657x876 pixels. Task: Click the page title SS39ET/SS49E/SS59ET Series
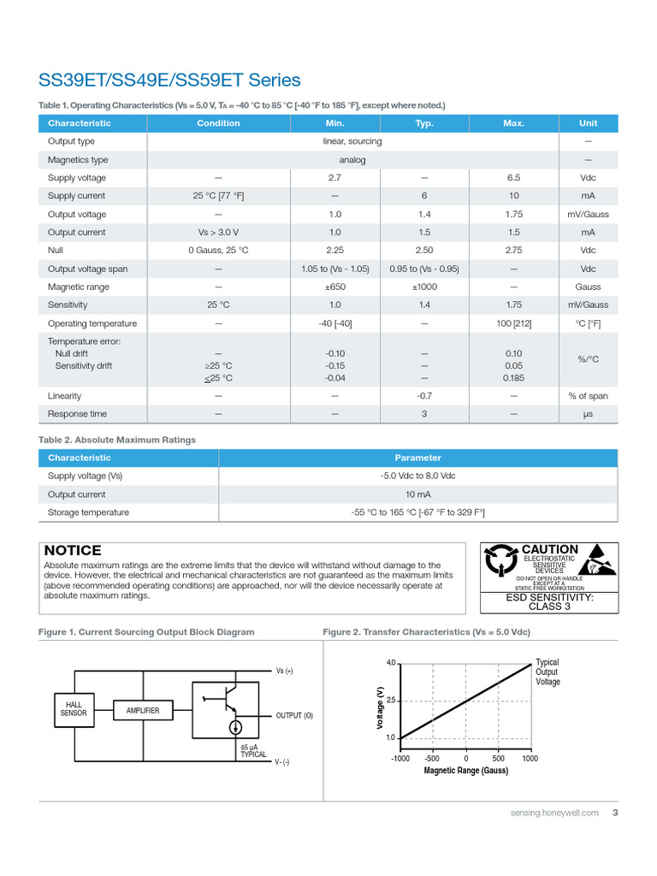click(x=169, y=80)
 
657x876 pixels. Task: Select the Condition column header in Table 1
click(x=218, y=123)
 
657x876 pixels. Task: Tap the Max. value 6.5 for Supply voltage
click(x=513, y=178)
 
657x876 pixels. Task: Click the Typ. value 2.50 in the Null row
click(x=424, y=251)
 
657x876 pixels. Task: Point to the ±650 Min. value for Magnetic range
click(x=334, y=287)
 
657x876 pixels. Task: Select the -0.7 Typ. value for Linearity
click(x=424, y=396)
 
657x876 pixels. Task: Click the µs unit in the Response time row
click(x=588, y=414)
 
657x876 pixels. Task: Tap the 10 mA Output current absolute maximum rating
click(x=417, y=494)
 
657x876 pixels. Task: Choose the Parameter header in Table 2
click(x=417, y=458)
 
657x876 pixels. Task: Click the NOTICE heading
click(x=73, y=551)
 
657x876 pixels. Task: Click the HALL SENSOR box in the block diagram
click(x=74, y=707)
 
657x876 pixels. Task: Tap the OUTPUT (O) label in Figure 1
click(x=294, y=715)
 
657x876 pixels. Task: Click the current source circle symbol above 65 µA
click(x=235, y=727)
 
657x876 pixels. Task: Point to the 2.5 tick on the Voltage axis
click(x=390, y=701)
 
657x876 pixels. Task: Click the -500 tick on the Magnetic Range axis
click(x=432, y=758)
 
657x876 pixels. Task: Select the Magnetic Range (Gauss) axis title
click(x=465, y=771)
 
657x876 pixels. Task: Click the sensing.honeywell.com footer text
click(x=552, y=813)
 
